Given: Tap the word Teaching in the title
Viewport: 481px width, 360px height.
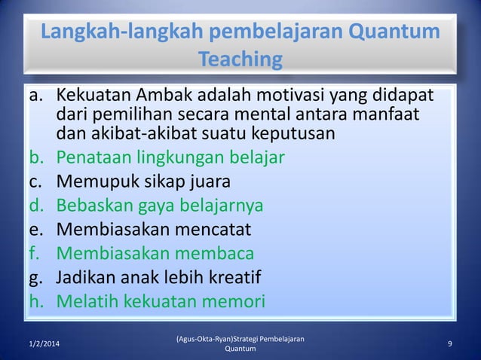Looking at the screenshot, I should [240, 59].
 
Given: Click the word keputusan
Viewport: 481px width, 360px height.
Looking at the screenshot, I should [296, 136].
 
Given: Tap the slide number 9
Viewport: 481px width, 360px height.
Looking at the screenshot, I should [449, 344].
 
